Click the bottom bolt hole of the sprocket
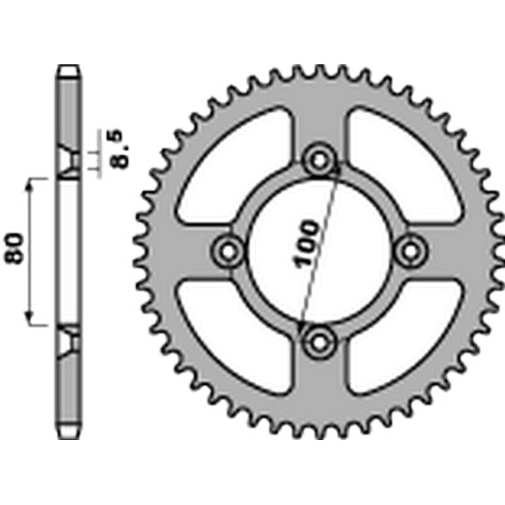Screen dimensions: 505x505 [x=320, y=342]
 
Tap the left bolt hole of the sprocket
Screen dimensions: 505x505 [x=228, y=251]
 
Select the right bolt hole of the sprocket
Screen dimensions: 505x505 [x=412, y=251]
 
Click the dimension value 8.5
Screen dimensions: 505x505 [x=120, y=149]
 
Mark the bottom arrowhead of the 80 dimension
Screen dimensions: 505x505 [x=29, y=319]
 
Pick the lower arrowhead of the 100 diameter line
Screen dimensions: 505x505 [x=301, y=326]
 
